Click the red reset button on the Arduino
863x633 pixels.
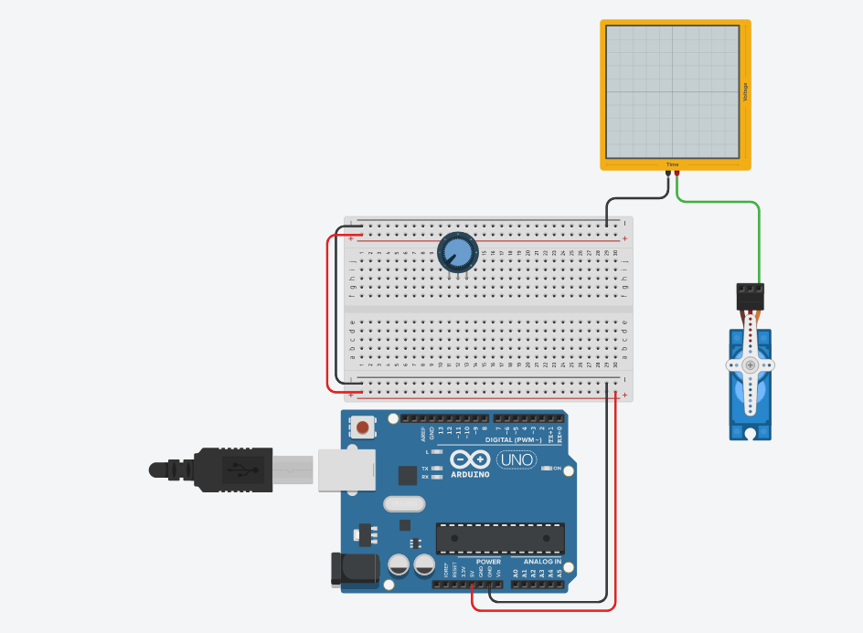364,427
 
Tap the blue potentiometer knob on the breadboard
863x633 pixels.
456,250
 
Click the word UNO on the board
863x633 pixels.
517,460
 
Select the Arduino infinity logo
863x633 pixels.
470,460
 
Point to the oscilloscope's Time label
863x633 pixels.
672,164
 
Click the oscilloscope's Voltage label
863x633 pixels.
745,92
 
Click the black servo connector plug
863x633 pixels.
750,295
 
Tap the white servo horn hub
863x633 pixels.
750,364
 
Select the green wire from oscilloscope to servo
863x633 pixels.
759,237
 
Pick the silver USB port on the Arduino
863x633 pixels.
347,469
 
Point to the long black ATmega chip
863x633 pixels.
499,539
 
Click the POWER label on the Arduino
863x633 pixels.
488,562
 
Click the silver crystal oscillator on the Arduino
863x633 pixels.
404,503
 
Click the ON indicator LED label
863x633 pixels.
557,468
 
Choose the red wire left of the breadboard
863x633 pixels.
329,311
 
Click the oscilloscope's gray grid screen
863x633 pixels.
672,91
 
